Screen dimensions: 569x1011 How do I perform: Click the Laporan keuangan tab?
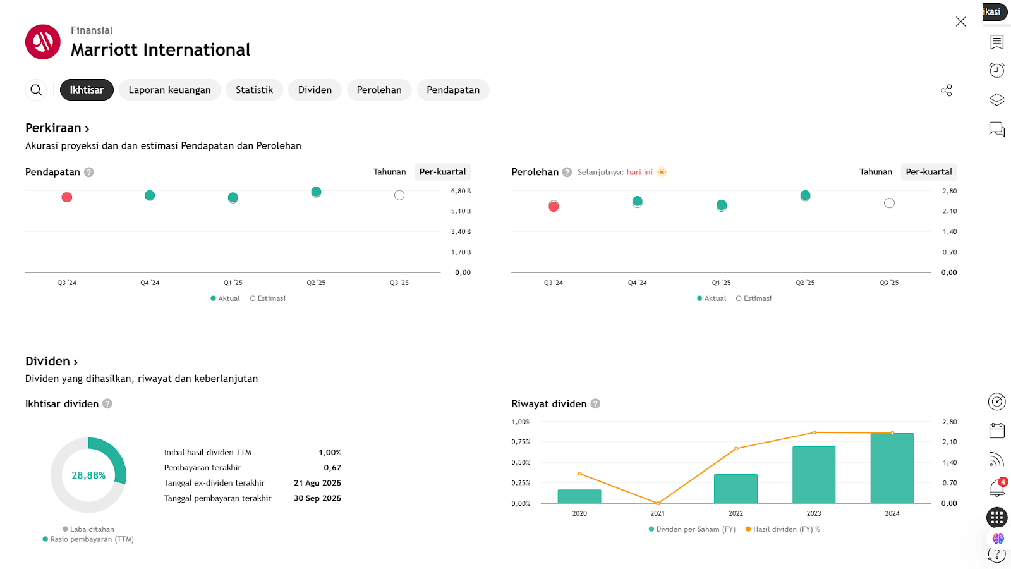click(169, 90)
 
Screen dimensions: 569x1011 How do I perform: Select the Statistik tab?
click(254, 90)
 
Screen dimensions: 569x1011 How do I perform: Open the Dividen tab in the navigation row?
click(315, 90)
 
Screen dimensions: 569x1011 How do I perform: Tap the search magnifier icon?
click(36, 90)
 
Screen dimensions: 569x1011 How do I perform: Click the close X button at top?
click(960, 21)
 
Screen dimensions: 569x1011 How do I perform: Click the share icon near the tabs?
click(946, 90)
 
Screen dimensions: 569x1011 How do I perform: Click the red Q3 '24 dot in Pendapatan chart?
click(67, 197)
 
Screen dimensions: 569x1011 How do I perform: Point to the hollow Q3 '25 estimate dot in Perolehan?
click(889, 203)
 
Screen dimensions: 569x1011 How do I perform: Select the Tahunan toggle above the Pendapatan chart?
click(389, 172)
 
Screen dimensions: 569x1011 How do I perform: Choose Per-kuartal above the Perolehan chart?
click(928, 172)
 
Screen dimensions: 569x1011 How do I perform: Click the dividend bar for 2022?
click(736, 489)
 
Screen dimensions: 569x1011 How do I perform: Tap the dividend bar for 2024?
click(892, 468)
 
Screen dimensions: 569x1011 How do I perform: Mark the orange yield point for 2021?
click(658, 503)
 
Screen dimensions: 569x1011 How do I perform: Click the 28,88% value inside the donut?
click(88, 475)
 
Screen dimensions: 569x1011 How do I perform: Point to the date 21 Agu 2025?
click(317, 483)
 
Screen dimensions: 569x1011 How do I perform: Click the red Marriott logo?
click(43, 42)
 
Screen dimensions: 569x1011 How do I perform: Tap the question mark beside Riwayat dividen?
click(595, 404)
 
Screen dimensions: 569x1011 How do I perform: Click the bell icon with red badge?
click(996, 487)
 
